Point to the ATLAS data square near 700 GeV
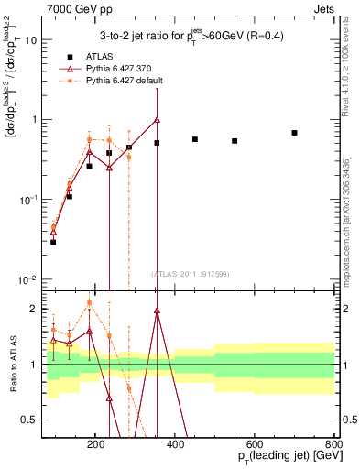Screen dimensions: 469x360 pyautogui.click(x=294, y=133)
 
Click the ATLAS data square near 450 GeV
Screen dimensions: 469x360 pyautogui.click(x=195, y=139)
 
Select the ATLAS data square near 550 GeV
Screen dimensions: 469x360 pyautogui.click(x=235, y=141)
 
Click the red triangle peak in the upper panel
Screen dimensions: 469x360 pyautogui.click(x=157, y=119)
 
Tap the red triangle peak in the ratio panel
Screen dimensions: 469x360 pyautogui.click(x=157, y=311)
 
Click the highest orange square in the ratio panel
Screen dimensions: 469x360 pyautogui.click(x=89, y=302)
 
